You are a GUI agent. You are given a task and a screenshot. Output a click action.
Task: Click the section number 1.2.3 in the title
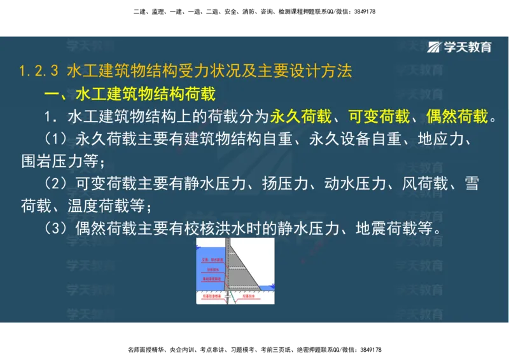tap(39, 71)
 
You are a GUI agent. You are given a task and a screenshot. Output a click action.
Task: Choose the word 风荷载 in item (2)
tap(425, 184)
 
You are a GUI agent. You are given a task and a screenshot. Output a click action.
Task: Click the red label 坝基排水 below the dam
tap(251, 296)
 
